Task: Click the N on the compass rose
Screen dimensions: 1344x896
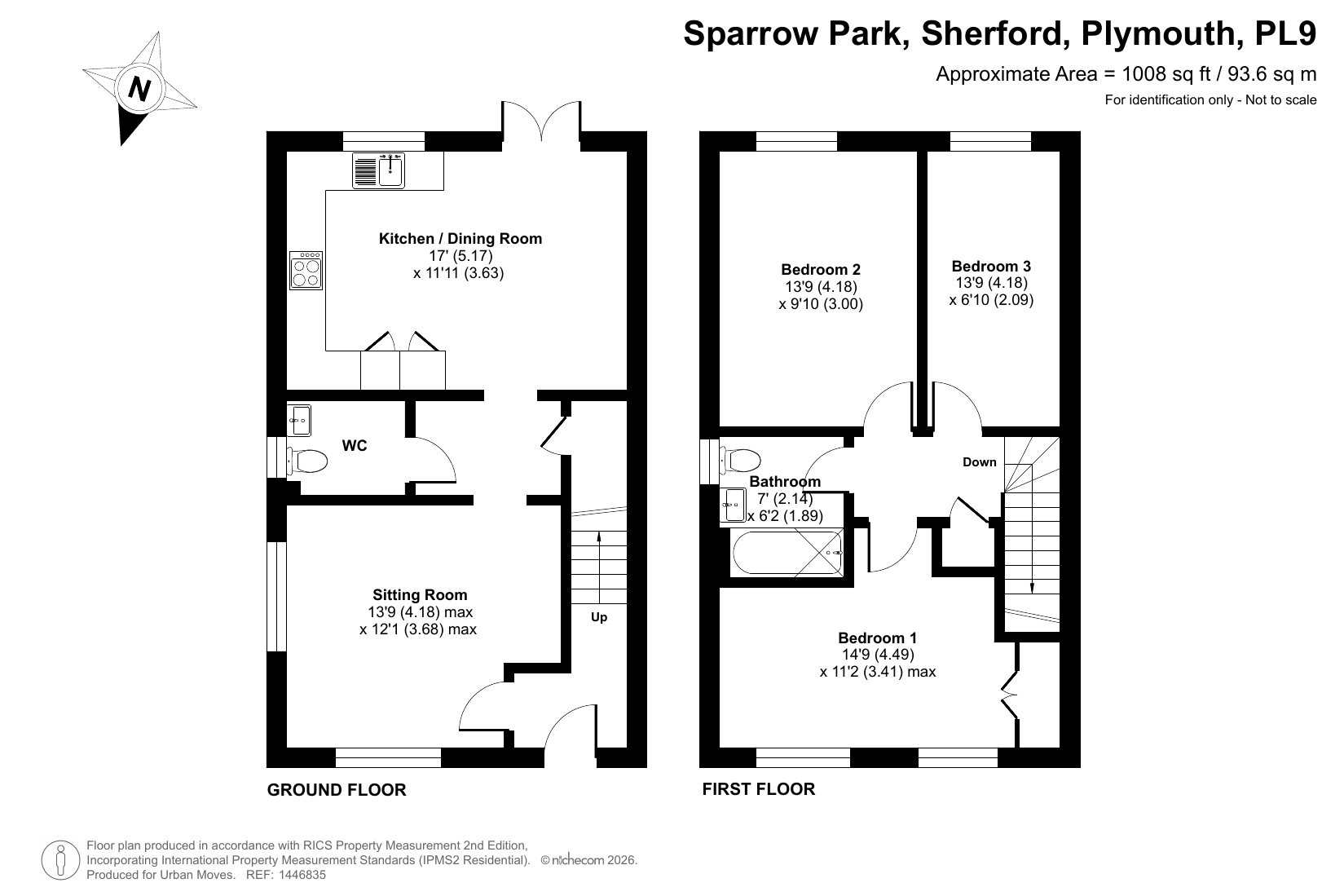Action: point(139,90)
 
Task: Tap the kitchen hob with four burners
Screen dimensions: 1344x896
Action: point(306,271)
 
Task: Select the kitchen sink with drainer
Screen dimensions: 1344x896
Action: point(379,170)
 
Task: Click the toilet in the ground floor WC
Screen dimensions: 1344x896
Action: point(307,461)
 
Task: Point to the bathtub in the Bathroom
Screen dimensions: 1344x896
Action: point(787,553)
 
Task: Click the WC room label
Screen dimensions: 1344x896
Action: point(354,445)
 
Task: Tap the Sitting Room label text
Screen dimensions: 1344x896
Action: point(420,594)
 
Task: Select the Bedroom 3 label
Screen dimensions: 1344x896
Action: point(991,266)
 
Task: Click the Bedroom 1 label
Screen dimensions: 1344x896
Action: point(877,638)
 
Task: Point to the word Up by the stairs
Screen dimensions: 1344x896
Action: point(599,617)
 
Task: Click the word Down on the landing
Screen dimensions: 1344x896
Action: point(979,462)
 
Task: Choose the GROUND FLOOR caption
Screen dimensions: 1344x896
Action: point(337,790)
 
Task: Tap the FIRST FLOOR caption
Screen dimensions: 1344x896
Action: point(759,788)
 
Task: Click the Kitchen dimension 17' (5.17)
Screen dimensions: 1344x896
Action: point(460,256)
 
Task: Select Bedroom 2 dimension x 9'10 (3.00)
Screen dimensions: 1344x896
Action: point(821,304)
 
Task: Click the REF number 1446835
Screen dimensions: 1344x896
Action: point(302,875)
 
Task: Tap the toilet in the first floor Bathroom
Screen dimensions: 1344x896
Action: point(740,461)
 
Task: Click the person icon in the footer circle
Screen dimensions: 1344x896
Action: point(60,860)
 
